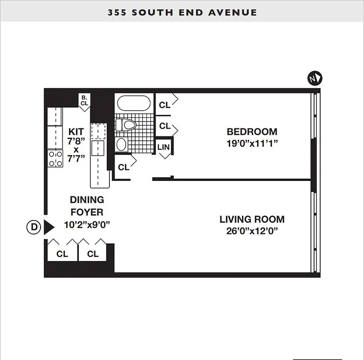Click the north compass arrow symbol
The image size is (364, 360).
(315, 78)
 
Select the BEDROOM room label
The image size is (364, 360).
(252, 132)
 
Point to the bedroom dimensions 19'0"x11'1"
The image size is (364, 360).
(252, 144)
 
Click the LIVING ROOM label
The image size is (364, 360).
(252, 220)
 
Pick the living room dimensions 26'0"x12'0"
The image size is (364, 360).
(252, 231)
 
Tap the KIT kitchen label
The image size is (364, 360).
(76, 132)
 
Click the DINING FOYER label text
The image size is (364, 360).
(86, 206)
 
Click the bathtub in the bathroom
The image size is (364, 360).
(134, 103)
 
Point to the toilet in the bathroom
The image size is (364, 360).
(128, 125)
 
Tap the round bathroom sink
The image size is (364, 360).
(121, 144)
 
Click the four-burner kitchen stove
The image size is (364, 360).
(55, 159)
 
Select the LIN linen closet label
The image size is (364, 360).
(164, 148)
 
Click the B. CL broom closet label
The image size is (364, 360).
(84, 100)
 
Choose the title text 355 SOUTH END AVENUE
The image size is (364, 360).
(182, 12)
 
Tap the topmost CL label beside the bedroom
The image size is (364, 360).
(165, 105)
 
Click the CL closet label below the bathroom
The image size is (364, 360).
(123, 167)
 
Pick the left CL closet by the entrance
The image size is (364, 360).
(62, 254)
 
